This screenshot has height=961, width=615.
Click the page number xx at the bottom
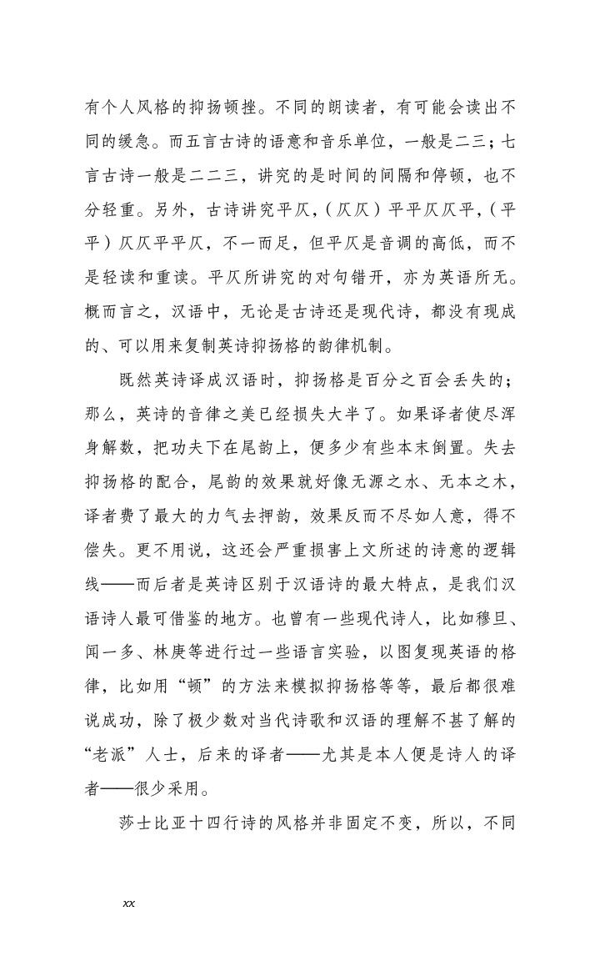(x=128, y=903)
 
